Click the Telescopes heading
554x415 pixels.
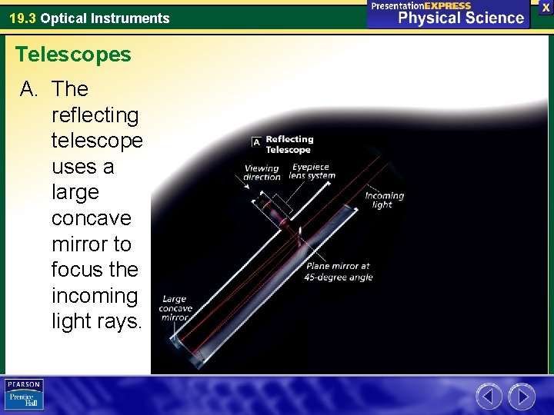73,55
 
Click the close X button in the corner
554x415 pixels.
546,7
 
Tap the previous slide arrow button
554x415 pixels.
489,397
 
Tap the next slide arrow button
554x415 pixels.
522,397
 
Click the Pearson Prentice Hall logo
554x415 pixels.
25,394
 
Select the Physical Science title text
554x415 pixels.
461,18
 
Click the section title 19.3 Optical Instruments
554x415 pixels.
88,18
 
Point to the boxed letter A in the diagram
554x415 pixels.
256,141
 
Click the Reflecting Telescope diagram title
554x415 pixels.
289,144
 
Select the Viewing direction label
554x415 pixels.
262,172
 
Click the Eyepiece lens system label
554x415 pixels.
312,171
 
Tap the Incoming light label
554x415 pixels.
384,200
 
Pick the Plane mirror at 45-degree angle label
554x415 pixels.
339,271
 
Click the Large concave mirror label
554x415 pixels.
175,308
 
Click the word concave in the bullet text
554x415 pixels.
91,218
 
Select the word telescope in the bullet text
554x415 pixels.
97,141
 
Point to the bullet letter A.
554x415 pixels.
28,89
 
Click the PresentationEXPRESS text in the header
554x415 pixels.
421,5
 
